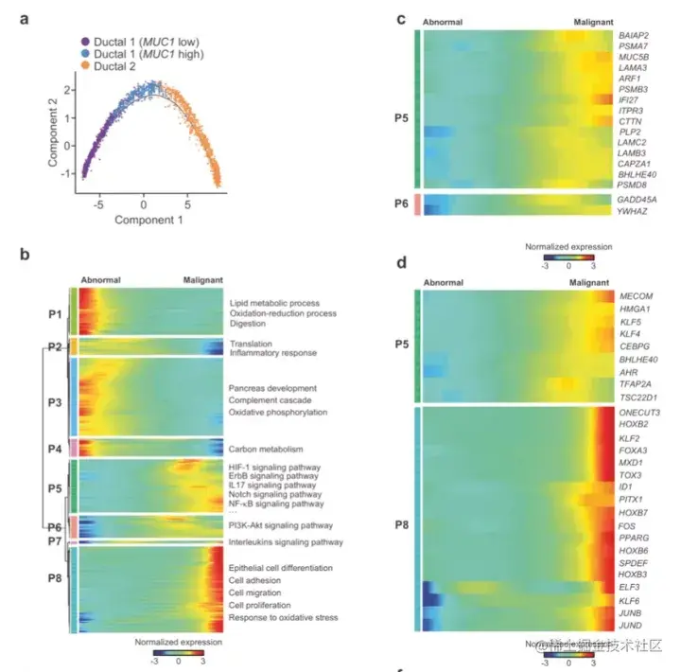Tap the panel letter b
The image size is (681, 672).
26,254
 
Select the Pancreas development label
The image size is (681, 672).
272,388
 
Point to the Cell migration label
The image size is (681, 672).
257,592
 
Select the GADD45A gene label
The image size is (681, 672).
637,200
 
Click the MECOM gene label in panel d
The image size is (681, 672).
635,296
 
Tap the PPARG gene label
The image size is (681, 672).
633,537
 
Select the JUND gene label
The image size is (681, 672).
631,626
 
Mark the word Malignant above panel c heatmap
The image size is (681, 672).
595,19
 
